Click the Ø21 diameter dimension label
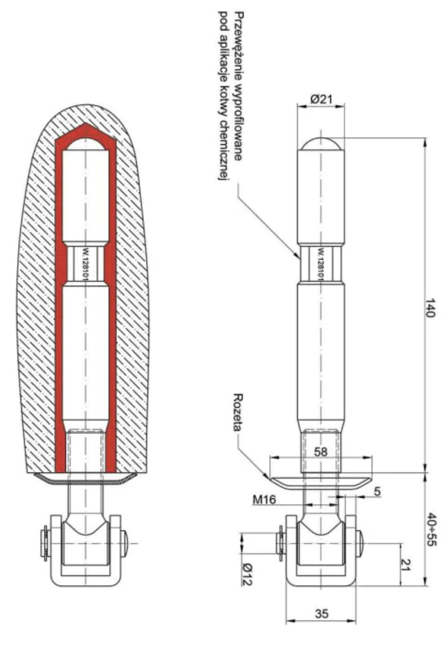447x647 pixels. pyautogui.click(x=321, y=99)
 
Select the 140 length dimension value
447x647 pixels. pyautogui.click(x=430, y=308)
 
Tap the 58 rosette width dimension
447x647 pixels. pyautogui.click(x=321, y=452)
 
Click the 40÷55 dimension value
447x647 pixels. pyautogui.click(x=431, y=530)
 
